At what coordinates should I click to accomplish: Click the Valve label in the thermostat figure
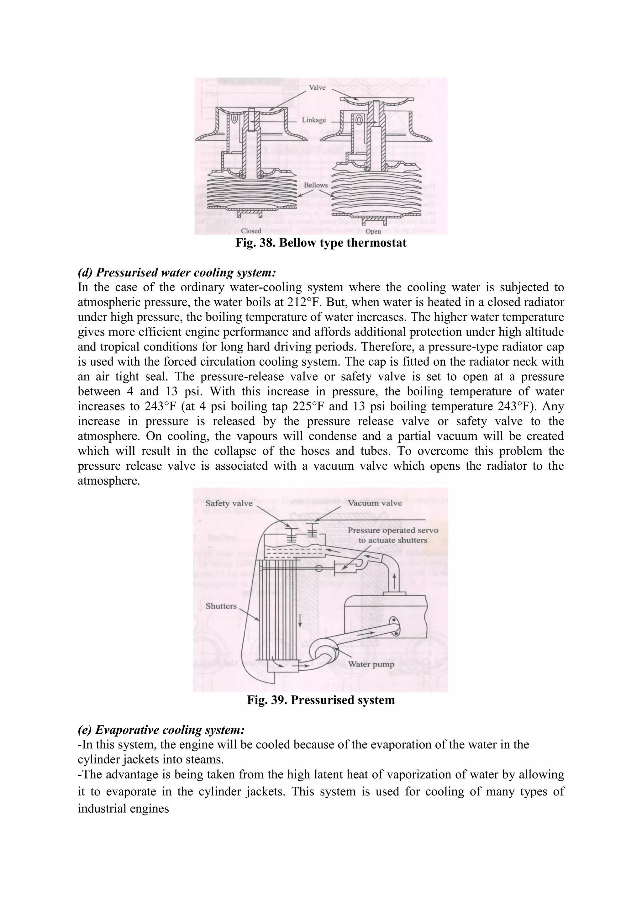[x=317, y=88]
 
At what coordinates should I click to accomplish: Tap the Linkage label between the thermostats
[x=313, y=120]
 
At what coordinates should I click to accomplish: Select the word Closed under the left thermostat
[x=251, y=231]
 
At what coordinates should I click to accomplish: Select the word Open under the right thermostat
[x=373, y=231]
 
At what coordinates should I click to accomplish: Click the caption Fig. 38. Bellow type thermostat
[x=321, y=242]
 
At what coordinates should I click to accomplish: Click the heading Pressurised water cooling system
[x=177, y=272]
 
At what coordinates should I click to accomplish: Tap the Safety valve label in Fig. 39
[x=229, y=503]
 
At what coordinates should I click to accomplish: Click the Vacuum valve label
[x=375, y=503]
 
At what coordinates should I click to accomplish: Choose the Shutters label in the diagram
[x=221, y=606]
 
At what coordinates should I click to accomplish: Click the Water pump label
[x=371, y=664]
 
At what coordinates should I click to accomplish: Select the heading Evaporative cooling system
[x=161, y=730]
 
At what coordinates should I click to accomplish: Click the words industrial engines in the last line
[x=123, y=808]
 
